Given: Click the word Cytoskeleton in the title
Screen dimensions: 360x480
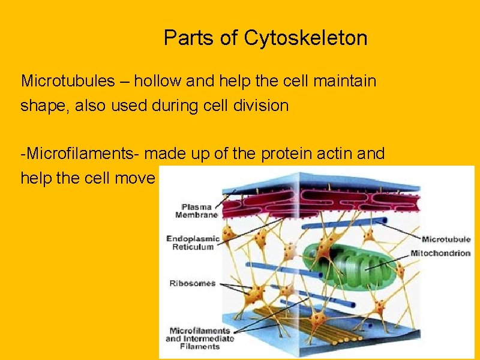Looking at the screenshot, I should [x=306, y=38].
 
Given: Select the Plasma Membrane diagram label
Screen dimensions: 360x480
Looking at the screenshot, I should [x=197, y=211].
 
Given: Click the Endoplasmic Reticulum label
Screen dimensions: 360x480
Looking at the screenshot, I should [x=193, y=242].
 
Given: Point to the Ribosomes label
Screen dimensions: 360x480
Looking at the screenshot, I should [x=192, y=283].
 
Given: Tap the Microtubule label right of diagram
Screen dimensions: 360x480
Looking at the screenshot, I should [x=445, y=240].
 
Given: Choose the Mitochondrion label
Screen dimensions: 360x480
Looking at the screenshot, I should [x=440, y=253].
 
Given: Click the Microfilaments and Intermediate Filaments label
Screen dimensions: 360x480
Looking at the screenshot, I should [x=200, y=338].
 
